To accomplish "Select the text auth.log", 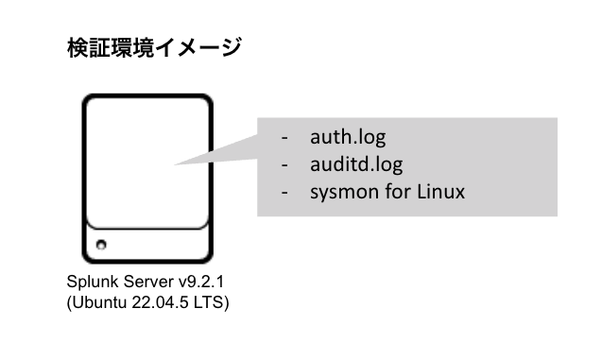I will [348, 137].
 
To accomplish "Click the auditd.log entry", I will [356, 164].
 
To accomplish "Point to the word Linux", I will [441, 192].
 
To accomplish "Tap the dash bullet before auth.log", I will [284, 137].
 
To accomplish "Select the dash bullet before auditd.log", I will [284, 164].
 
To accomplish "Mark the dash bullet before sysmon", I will [284, 192].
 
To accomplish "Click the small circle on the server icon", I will [101, 245].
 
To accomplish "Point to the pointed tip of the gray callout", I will [176, 163].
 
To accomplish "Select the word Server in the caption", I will [140, 283].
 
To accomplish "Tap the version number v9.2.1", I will [192, 283].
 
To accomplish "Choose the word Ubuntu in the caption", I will [99, 303].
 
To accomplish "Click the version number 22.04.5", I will [167, 303].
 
